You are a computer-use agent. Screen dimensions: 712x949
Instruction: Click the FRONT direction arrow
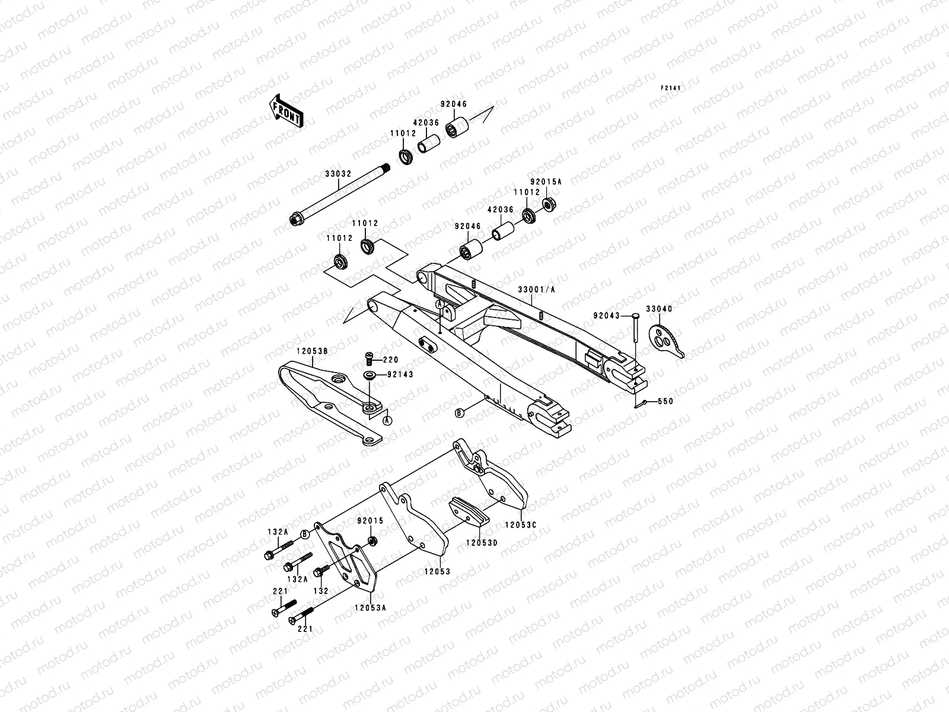(x=287, y=110)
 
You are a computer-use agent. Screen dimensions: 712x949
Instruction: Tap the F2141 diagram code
(x=671, y=88)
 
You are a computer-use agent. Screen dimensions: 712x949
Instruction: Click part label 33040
(x=658, y=309)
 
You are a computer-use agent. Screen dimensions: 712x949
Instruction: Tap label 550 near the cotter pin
(x=665, y=402)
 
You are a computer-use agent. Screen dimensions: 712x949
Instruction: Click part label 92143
(x=400, y=374)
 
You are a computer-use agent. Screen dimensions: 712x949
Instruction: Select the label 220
(x=390, y=360)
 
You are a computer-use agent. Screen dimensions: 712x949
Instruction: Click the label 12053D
(x=481, y=542)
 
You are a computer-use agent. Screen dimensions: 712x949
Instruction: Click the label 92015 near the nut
(x=370, y=521)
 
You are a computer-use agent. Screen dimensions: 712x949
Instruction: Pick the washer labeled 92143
(x=370, y=376)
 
